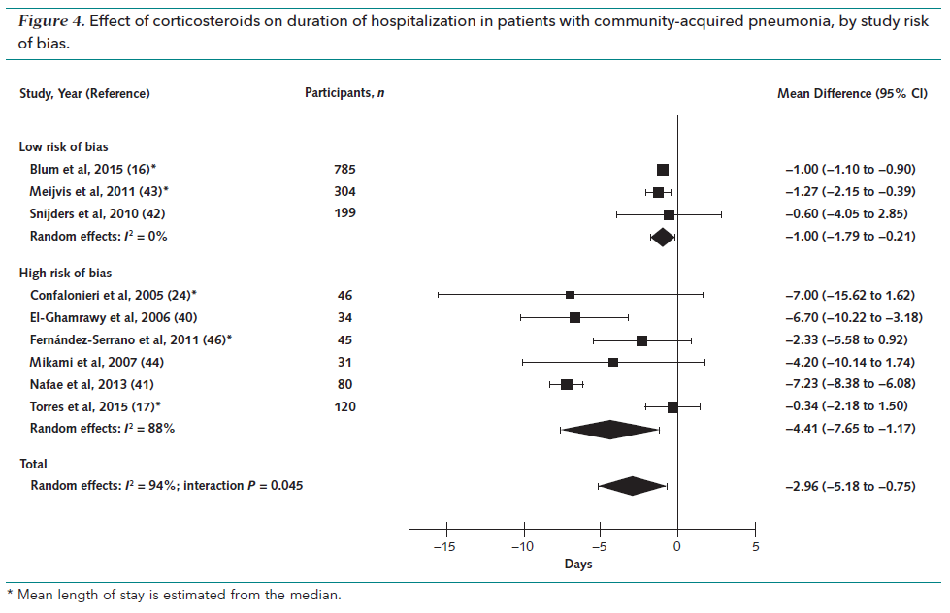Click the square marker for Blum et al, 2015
tap(663, 169)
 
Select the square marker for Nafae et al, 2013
tap(567, 384)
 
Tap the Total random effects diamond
tap(633, 486)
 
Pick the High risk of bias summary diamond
tap(609, 429)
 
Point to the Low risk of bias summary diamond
tap(663, 236)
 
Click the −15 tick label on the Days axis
tap(443, 547)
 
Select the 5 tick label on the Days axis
tap(755, 547)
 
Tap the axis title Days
tap(580, 563)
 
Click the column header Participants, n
tap(340, 93)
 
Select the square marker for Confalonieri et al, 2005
tap(570, 295)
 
